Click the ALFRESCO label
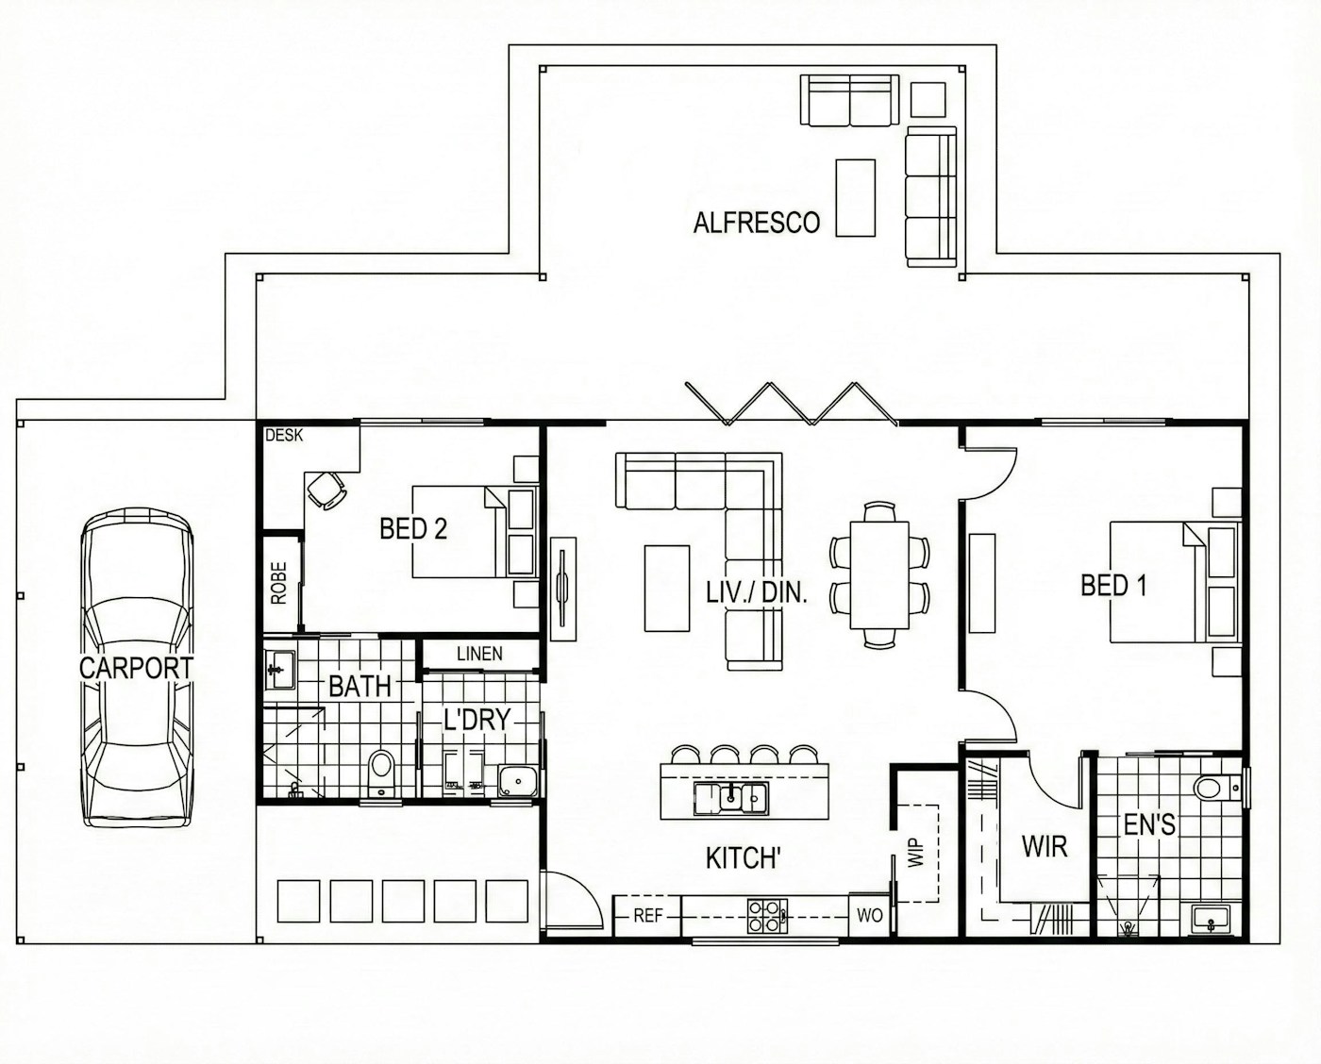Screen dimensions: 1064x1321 756,224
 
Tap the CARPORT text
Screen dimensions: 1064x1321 136,668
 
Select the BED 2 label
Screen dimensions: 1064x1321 413,529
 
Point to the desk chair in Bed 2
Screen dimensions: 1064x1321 326,490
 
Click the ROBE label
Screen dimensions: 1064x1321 279,584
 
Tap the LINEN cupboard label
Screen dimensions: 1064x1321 479,654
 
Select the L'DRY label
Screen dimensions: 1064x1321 477,720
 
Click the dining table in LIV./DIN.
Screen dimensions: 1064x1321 879,574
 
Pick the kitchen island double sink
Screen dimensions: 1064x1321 731,798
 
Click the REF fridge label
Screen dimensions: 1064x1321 647,916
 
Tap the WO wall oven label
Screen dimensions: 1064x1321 869,916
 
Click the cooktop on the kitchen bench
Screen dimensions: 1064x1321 768,916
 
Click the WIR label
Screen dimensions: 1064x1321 1045,847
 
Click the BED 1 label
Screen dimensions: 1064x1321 1113,586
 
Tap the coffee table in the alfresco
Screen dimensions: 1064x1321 855,197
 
